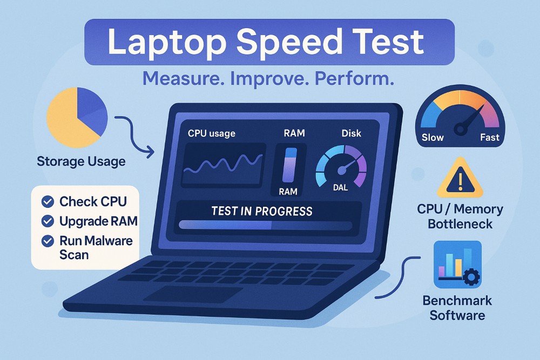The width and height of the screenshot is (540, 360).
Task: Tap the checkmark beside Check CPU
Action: [48, 202]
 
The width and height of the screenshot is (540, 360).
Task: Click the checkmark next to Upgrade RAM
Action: [48, 221]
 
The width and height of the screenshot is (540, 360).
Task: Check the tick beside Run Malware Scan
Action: [48, 240]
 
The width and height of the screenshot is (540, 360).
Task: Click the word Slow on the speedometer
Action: [433, 137]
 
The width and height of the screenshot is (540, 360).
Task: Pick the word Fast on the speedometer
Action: [490, 137]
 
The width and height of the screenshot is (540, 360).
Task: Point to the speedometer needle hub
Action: [461, 129]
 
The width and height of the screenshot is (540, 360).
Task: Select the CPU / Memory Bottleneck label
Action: [460, 215]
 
